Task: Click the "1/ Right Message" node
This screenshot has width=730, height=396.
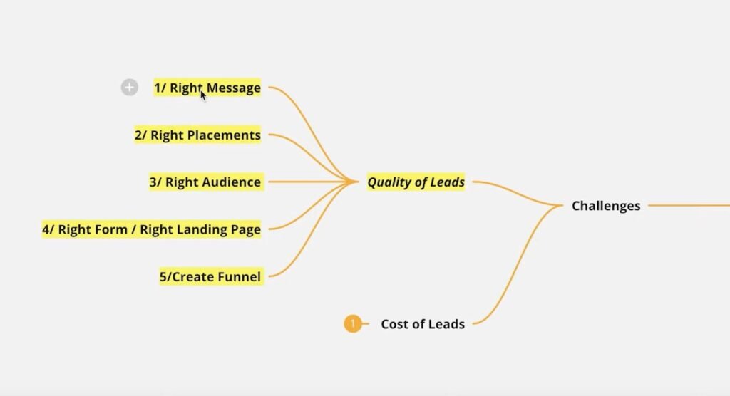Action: pos(207,88)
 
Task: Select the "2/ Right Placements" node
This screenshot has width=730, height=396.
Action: pos(197,135)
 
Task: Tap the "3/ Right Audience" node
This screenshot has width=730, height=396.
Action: pos(205,182)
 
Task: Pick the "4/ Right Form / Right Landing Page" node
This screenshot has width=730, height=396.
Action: pos(151,229)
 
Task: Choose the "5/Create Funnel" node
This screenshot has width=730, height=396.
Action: pos(211,276)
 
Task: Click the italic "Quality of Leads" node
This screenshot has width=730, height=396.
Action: pos(416,182)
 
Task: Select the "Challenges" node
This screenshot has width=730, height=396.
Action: pos(606,206)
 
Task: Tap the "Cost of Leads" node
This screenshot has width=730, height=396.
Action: pos(423,324)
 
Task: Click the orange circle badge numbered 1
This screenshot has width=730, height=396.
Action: pos(352,324)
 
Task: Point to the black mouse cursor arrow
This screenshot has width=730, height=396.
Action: pos(202,93)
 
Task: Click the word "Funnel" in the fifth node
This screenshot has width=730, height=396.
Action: pos(239,276)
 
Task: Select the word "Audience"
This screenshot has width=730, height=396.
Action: pos(229,182)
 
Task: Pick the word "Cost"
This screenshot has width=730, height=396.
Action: pos(394,324)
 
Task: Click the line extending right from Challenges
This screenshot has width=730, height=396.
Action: pos(688,206)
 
